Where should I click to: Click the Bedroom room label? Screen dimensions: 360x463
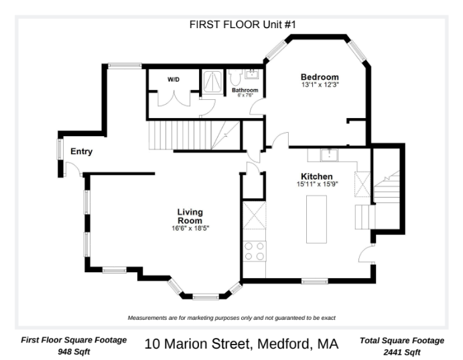(x=320, y=77)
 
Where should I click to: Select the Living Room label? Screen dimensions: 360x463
(x=190, y=217)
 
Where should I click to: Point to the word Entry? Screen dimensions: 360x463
(x=81, y=152)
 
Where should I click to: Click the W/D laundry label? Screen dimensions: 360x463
(x=173, y=79)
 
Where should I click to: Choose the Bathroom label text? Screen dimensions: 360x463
(x=245, y=90)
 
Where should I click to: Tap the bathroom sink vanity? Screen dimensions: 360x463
(x=253, y=72)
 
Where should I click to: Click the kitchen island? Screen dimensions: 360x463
(x=317, y=219)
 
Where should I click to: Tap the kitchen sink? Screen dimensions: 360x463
(x=330, y=156)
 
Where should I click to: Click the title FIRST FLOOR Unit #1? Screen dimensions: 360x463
(x=233, y=24)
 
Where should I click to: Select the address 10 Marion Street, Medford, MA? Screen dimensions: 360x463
(x=241, y=345)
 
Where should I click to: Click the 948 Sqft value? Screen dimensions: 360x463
(x=74, y=352)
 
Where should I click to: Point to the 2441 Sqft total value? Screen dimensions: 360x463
(x=401, y=352)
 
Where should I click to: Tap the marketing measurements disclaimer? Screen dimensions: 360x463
(x=231, y=318)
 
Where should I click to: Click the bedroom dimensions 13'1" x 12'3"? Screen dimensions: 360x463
(x=320, y=84)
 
